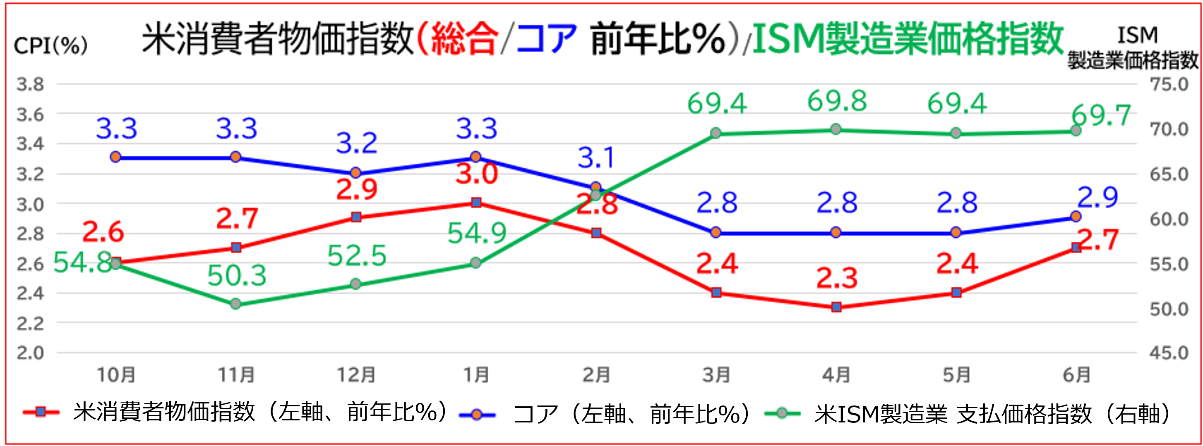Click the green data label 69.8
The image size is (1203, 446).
(836, 101)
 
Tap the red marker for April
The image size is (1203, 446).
(836, 307)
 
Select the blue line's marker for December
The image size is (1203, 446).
(356, 173)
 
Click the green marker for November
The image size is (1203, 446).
(236, 304)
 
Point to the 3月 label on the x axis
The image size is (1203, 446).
(716, 374)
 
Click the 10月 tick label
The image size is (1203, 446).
(116, 374)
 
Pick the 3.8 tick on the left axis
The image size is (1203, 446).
(30, 84)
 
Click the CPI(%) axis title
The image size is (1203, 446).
(50, 46)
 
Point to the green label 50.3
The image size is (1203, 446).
(237, 276)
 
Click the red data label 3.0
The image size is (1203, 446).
(477, 174)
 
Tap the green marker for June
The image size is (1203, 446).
(1076, 131)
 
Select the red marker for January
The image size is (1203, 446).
(476, 203)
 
